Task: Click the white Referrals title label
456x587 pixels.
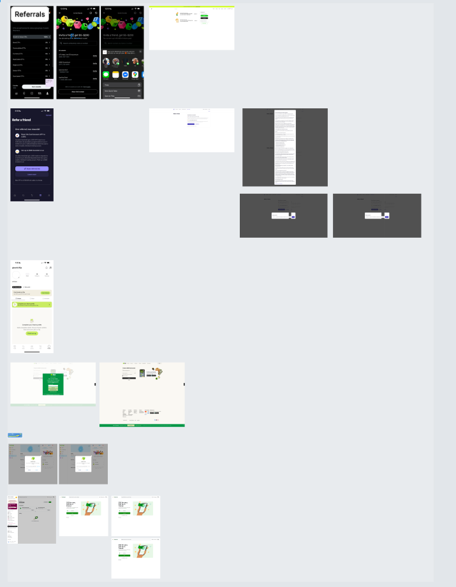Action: [x=30, y=14]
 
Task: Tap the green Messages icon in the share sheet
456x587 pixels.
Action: [x=107, y=75]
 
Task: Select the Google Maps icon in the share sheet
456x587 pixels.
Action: [x=135, y=75]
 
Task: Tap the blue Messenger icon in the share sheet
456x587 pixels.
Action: [x=126, y=75]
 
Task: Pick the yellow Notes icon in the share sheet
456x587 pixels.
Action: [x=116, y=75]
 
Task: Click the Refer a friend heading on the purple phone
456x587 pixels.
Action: [x=22, y=119]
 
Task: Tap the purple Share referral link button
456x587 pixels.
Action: [x=32, y=168]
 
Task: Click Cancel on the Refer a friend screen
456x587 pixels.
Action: [x=32, y=174]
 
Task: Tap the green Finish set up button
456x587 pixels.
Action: [x=32, y=333]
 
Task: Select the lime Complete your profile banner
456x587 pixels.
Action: [x=32, y=305]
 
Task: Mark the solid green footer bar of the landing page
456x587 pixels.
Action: [x=142, y=425]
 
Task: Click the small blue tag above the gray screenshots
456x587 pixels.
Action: [x=15, y=435]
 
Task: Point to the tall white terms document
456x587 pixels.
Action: [x=285, y=147]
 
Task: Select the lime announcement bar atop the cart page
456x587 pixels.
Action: [x=191, y=6]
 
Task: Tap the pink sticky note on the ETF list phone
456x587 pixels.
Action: [x=49, y=82]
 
